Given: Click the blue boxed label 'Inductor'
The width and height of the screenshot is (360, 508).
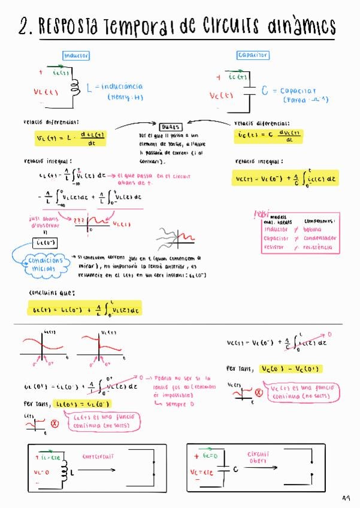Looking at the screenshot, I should (75, 56).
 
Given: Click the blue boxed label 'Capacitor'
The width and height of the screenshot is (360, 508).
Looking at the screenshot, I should (253, 55).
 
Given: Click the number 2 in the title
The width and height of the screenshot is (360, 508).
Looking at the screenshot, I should (25, 27).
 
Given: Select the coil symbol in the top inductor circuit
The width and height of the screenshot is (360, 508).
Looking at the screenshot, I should (75, 87).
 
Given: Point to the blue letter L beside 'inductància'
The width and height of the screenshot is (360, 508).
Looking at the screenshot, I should (89, 88).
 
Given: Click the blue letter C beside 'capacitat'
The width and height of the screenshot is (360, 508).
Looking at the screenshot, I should (265, 91).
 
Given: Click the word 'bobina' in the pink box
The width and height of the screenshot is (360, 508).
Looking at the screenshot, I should (313, 229).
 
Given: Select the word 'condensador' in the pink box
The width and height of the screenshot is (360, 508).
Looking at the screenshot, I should (320, 238).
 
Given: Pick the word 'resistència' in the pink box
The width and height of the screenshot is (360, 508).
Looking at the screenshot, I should (318, 246).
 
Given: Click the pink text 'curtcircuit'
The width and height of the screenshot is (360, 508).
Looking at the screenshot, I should (98, 456).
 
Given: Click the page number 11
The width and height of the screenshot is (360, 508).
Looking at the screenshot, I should (346, 497).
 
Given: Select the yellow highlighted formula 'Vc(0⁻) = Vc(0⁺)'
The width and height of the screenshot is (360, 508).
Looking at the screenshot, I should (291, 368).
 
